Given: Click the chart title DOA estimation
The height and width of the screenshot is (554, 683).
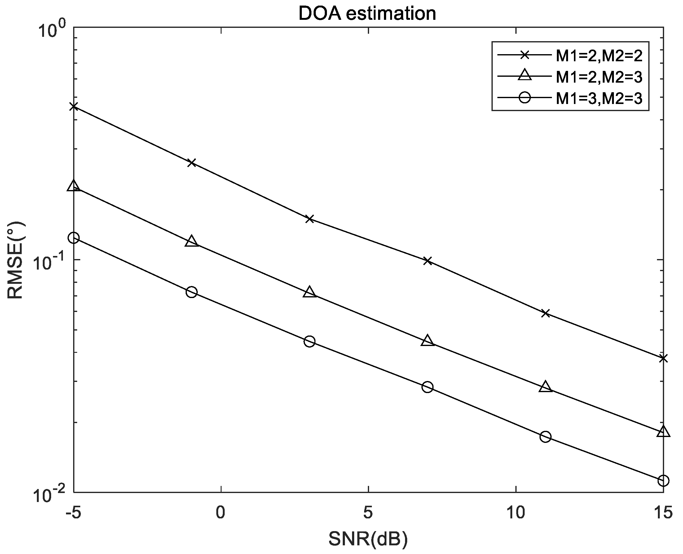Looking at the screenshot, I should click(x=367, y=14).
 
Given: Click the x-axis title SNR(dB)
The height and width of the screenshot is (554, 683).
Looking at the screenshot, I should click(x=368, y=539).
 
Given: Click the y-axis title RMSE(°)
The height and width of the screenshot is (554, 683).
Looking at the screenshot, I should click(x=15, y=260).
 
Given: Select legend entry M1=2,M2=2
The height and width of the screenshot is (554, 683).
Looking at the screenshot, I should click(x=599, y=56).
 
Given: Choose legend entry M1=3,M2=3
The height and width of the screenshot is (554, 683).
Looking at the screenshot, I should click(x=599, y=98).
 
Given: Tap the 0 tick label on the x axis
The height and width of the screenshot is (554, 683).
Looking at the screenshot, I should click(x=220, y=513).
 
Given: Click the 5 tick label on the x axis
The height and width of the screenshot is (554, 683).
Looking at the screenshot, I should click(x=368, y=513).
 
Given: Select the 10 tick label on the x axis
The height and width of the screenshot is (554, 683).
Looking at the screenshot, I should click(x=516, y=513).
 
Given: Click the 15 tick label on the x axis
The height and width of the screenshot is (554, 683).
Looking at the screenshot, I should click(x=663, y=513).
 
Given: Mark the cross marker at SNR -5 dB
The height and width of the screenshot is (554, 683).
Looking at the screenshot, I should click(x=74, y=106).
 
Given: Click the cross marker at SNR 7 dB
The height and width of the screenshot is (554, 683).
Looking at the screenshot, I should click(x=427, y=261).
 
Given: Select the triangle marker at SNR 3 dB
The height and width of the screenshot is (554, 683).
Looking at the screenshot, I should click(x=309, y=292).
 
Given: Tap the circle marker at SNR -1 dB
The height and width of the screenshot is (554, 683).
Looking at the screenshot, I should click(x=191, y=292).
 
